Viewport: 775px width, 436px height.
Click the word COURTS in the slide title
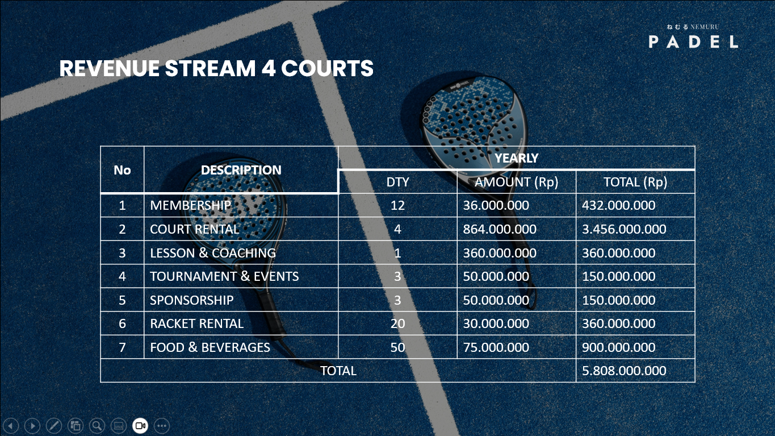(x=327, y=68)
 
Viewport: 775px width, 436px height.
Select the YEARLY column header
(x=517, y=158)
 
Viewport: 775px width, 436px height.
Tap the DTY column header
(x=397, y=182)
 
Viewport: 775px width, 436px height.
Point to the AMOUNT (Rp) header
(x=516, y=182)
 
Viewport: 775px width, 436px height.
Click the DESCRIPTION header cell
(x=241, y=170)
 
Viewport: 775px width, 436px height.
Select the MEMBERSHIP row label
(x=190, y=205)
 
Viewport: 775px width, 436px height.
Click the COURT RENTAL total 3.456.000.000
(x=624, y=229)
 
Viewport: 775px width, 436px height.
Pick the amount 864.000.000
(x=500, y=229)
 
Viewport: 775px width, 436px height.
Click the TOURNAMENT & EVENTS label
(x=224, y=276)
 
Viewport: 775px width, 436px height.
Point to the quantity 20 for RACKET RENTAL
(x=397, y=323)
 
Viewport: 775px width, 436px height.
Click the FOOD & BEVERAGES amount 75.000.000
(x=496, y=347)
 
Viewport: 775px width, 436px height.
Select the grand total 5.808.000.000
(x=624, y=371)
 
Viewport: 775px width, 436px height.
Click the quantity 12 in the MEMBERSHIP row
(x=397, y=205)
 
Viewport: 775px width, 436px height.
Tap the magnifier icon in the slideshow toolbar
(x=97, y=426)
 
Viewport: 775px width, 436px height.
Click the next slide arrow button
(x=32, y=426)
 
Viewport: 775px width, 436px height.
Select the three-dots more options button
(x=162, y=426)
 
